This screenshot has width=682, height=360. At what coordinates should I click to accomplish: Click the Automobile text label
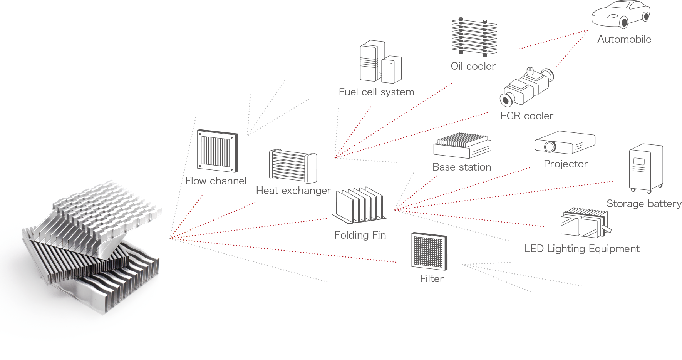[x=624, y=39]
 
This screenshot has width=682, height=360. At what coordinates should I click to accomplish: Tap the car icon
[x=621, y=13]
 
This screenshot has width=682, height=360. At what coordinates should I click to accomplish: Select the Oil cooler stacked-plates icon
[x=474, y=36]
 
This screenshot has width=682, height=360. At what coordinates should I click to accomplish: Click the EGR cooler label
[x=526, y=116]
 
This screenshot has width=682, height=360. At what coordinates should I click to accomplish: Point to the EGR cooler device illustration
[x=526, y=87]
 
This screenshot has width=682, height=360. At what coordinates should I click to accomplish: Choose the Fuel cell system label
[x=376, y=92]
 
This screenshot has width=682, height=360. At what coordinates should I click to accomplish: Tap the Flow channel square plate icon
[x=217, y=151]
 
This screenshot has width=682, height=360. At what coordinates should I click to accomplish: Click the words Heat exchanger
[x=293, y=191]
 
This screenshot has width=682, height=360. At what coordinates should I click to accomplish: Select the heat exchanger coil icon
[x=293, y=166]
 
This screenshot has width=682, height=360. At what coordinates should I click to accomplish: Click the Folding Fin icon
[x=359, y=206]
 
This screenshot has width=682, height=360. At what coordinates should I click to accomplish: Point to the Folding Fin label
[x=360, y=235]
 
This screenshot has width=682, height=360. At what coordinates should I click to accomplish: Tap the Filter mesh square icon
[x=429, y=251]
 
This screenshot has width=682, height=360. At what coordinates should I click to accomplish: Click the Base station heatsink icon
[x=462, y=146]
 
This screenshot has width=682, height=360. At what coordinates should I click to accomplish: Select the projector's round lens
[x=550, y=147]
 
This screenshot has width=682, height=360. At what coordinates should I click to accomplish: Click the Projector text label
[x=565, y=164]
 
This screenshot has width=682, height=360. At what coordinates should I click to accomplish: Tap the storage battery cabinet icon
[x=646, y=168]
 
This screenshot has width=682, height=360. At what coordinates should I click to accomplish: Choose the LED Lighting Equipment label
[x=581, y=249]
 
